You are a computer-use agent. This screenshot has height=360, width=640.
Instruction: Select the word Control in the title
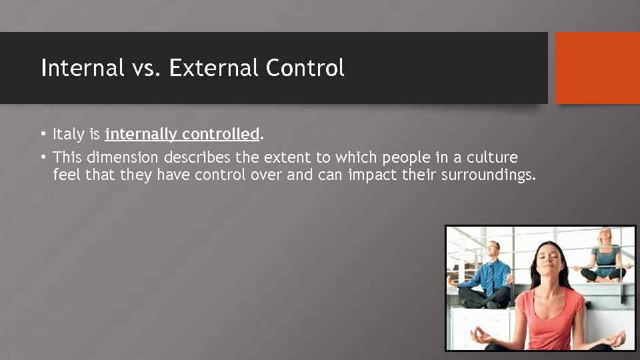point(305,68)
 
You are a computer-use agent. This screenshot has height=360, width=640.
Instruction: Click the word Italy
point(68,135)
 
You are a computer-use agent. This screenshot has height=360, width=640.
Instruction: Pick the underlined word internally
point(141,135)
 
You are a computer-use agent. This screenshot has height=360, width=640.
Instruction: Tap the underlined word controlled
point(220,135)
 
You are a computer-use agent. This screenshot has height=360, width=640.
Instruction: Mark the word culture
point(493,159)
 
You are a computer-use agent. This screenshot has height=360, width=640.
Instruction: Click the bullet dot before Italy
point(42,135)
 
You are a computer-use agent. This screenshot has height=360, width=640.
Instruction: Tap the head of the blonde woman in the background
point(605,237)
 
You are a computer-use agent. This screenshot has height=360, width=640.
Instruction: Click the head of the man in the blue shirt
point(492,251)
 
